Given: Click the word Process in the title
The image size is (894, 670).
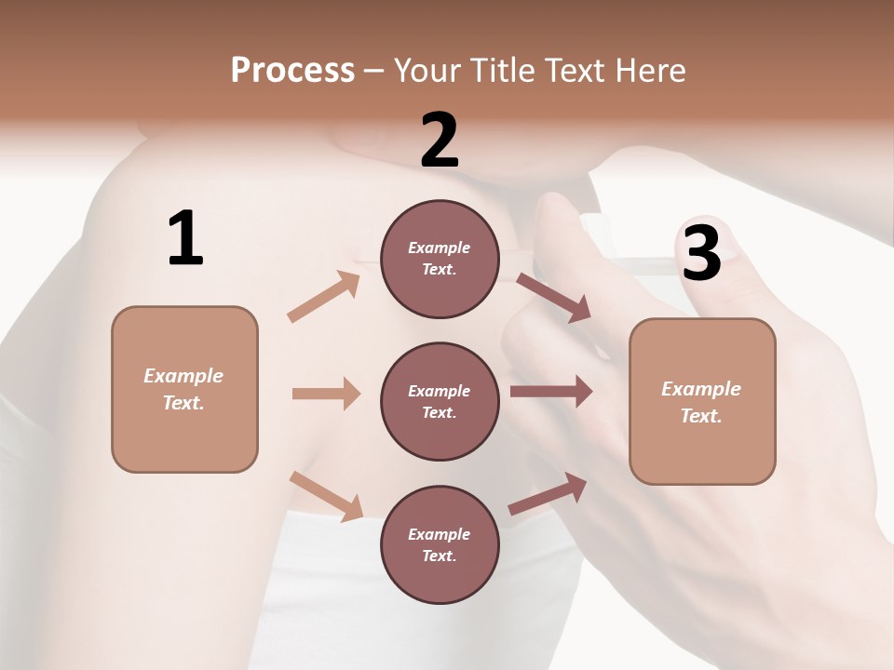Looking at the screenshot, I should (292, 71).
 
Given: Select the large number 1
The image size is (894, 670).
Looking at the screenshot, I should (185, 239).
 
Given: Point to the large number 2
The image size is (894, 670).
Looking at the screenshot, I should (440, 141).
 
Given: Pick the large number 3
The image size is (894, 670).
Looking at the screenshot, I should (701, 253).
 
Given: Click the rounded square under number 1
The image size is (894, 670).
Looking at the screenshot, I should (184, 389).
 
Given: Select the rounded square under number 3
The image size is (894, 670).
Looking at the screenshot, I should (702, 401).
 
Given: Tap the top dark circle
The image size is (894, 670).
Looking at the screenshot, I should (440, 259).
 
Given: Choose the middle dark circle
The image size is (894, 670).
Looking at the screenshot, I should (440, 401).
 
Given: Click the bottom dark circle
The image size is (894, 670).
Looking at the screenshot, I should (440, 544).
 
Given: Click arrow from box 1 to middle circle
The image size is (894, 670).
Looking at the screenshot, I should (326, 394).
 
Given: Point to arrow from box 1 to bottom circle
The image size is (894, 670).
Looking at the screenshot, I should (326, 496).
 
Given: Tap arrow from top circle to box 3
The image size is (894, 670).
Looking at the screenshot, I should (553, 298).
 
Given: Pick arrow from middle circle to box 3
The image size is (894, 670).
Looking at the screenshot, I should (550, 392).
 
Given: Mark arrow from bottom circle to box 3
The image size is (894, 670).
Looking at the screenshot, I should (548, 494).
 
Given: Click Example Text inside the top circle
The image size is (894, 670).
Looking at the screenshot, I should (440, 259).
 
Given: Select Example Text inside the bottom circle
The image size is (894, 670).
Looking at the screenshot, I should (440, 544).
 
